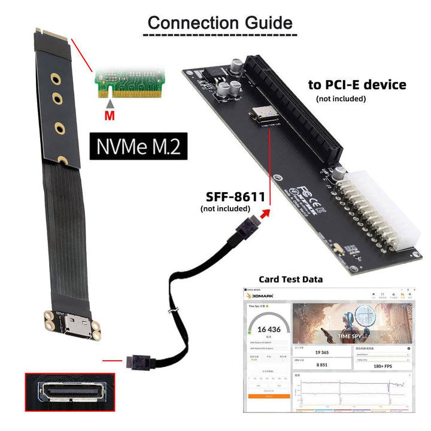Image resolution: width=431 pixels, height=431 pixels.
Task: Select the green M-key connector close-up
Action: pyautogui.click(x=128, y=80)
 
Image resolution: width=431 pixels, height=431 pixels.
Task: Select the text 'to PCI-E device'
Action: pyautogui.click(x=357, y=84)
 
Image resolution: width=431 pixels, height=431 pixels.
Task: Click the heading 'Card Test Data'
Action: pyautogui.click(x=290, y=279)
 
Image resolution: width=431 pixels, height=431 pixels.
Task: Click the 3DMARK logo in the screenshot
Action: pyautogui.click(x=262, y=294)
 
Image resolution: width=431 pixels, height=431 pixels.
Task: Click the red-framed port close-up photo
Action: pyautogui.click(x=69, y=392)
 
